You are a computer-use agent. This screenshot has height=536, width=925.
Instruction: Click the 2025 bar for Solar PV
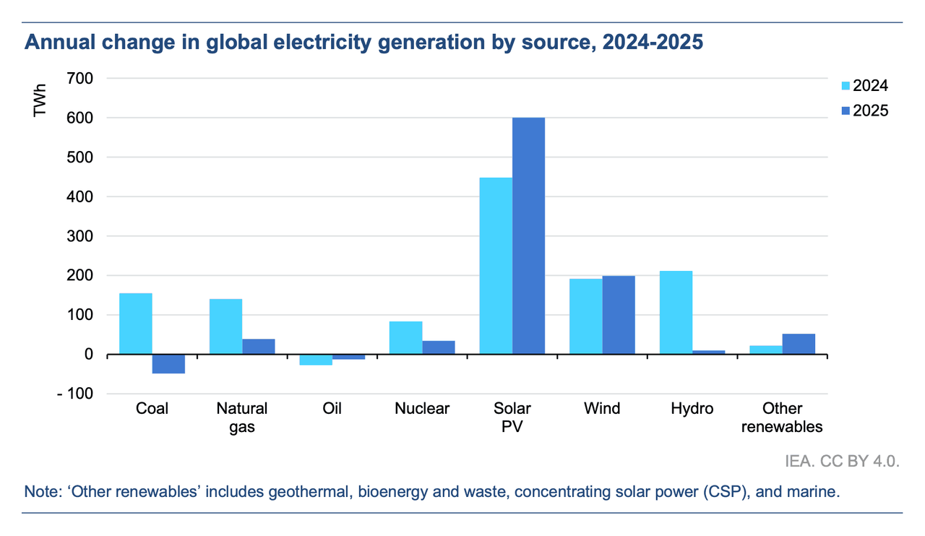click(528, 235)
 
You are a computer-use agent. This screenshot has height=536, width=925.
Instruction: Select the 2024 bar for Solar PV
click(496, 266)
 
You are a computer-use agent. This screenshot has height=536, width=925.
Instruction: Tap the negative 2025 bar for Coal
click(168, 364)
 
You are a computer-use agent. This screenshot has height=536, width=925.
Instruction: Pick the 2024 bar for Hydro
click(676, 313)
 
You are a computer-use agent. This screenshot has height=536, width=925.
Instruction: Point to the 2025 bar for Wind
click(619, 315)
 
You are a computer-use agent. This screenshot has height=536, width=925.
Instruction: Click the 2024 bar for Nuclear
click(405, 338)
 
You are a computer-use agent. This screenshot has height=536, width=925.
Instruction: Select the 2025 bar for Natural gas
click(259, 347)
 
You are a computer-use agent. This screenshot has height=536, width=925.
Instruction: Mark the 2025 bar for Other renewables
click(799, 344)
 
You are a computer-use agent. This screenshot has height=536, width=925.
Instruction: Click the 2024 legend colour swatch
click(846, 87)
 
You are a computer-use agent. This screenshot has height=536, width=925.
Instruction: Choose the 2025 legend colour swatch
click(846, 111)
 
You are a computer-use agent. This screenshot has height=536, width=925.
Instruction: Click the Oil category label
click(332, 409)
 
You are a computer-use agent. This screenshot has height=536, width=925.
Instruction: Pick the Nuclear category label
click(422, 409)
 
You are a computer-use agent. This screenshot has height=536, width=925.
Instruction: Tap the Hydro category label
click(692, 409)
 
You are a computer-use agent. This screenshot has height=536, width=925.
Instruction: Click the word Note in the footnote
click(40, 493)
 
